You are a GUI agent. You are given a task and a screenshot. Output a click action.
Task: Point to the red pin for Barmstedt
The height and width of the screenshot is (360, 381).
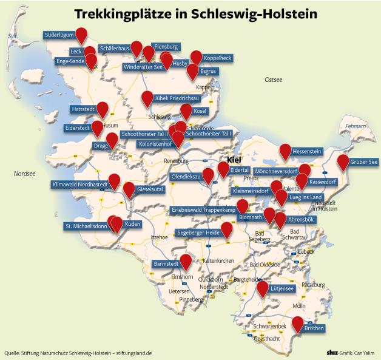click(186, 260)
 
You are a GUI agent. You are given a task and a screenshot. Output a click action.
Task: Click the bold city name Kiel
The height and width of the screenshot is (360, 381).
click(234, 160)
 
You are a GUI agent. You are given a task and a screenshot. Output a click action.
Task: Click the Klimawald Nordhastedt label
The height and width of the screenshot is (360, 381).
click(80, 184)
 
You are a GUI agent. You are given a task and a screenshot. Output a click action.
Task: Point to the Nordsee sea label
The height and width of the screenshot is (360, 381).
click(25, 174)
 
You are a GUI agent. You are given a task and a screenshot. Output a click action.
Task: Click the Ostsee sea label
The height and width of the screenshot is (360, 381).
click(274, 80)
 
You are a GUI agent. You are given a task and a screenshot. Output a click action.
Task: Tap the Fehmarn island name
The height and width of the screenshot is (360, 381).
click(356, 126)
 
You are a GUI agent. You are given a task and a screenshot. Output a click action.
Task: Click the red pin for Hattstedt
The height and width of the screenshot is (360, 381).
click(103, 109)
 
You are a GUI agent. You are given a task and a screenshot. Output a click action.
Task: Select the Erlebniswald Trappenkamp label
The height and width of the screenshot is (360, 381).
click(203, 210)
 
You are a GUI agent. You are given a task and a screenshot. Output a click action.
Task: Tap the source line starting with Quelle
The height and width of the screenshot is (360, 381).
click(77, 352)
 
